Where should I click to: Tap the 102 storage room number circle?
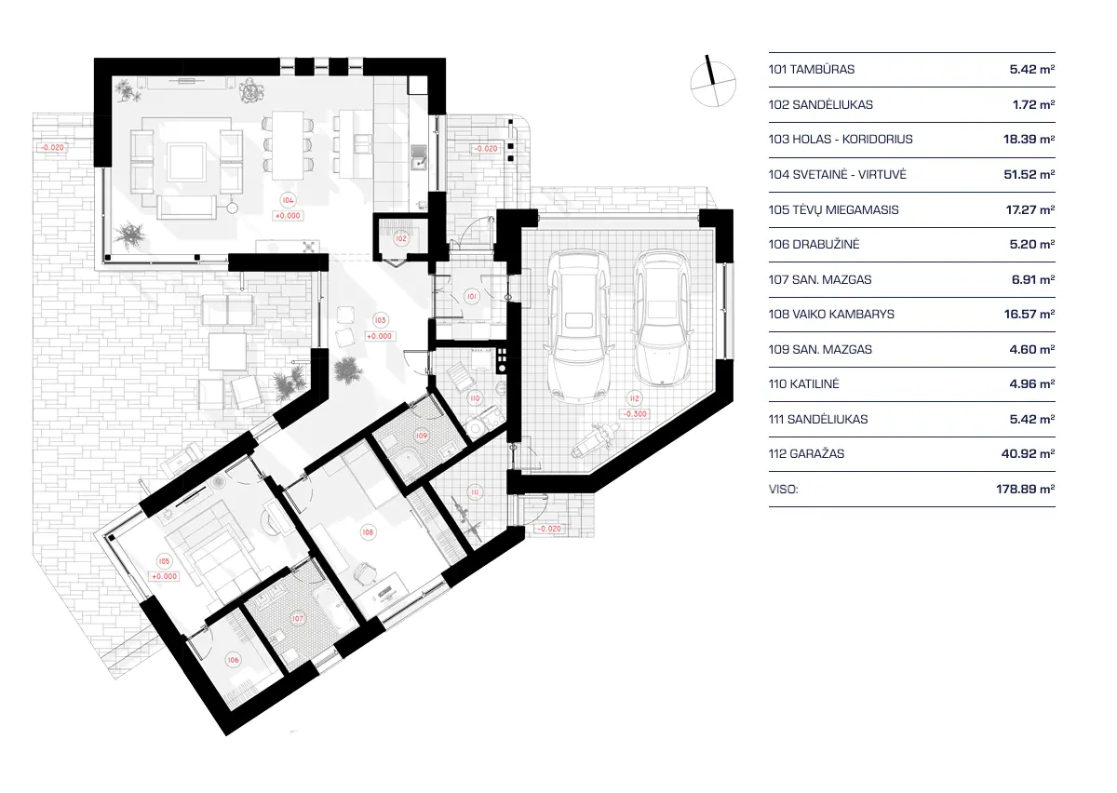point(400,238)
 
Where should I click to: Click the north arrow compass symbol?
point(711,82)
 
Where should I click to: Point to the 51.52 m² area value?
point(1033,174)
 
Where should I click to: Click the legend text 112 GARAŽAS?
point(806,454)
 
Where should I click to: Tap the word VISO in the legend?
point(784,488)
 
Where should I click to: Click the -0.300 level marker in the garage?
point(638,414)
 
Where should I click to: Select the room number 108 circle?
point(368,532)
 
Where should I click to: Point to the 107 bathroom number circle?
point(298,618)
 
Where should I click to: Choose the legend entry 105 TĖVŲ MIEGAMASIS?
point(833,209)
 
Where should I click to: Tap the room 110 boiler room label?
point(474,398)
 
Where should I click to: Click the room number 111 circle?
point(474,492)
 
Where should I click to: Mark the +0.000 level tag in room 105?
point(164,576)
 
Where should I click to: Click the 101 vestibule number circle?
point(472,298)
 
